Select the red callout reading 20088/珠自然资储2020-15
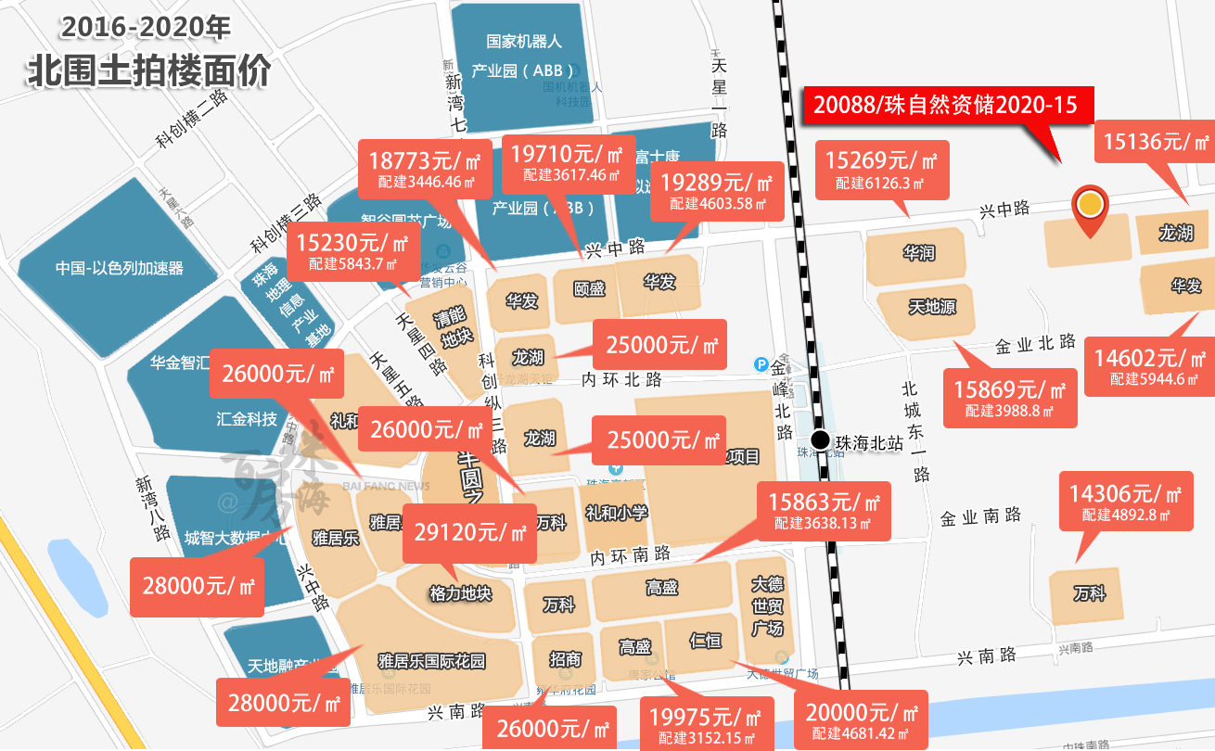point(945,105)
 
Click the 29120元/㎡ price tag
point(469,533)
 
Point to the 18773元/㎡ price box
point(424,166)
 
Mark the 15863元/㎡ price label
point(824,510)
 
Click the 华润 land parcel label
point(918,252)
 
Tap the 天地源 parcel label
point(931,307)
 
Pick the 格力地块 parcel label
point(460,594)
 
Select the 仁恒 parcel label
point(706,640)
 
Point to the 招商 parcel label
point(565,659)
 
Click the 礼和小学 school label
point(616,513)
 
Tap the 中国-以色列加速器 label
point(119,269)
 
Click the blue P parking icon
point(762,366)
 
